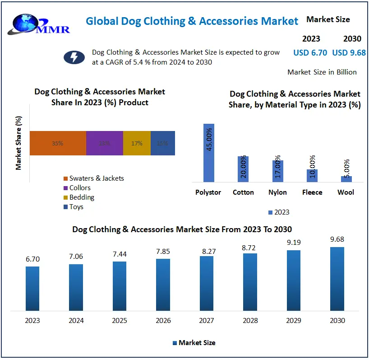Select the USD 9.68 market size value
[349, 53]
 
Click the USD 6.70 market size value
[310, 53]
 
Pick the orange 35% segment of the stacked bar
[58, 143]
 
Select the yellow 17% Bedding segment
[137, 143]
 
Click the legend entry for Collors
[79, 188]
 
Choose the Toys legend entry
[76, 207]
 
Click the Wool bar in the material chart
[346, 179]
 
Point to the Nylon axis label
[277, 192]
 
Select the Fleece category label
[312, 192]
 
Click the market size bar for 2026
[163, 285]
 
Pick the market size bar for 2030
[337, 279]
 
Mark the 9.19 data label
[294, 242]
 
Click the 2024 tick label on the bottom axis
[76, 321]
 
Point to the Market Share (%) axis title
[18, 143]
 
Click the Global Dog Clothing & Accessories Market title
[192, 21]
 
